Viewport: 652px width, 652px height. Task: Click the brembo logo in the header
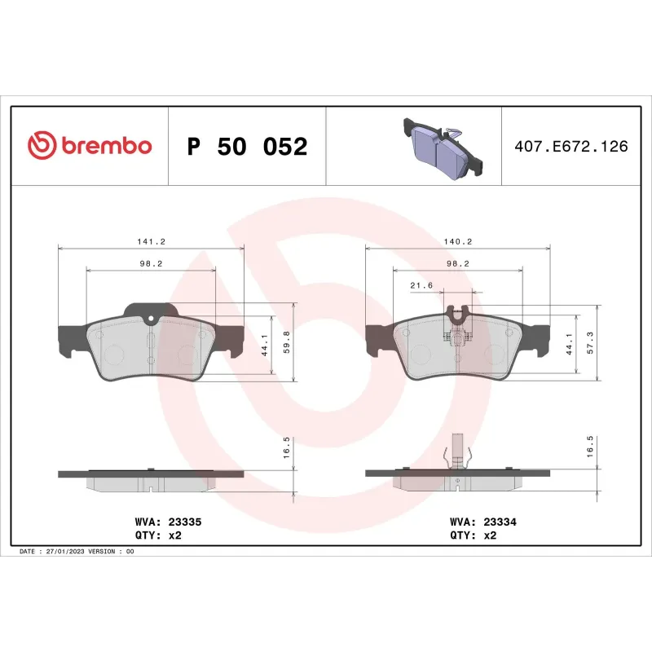point(90,146)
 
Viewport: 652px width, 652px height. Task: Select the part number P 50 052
point(247,148)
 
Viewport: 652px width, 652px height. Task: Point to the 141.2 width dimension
point(151,242)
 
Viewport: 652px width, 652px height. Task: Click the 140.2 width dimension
point(457,242)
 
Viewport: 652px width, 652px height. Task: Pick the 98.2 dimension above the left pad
point(151,264)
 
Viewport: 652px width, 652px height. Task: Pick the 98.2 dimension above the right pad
point(457,264)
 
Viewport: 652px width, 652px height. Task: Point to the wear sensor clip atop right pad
point(457,314)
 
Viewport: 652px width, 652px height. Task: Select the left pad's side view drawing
point(151,479)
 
